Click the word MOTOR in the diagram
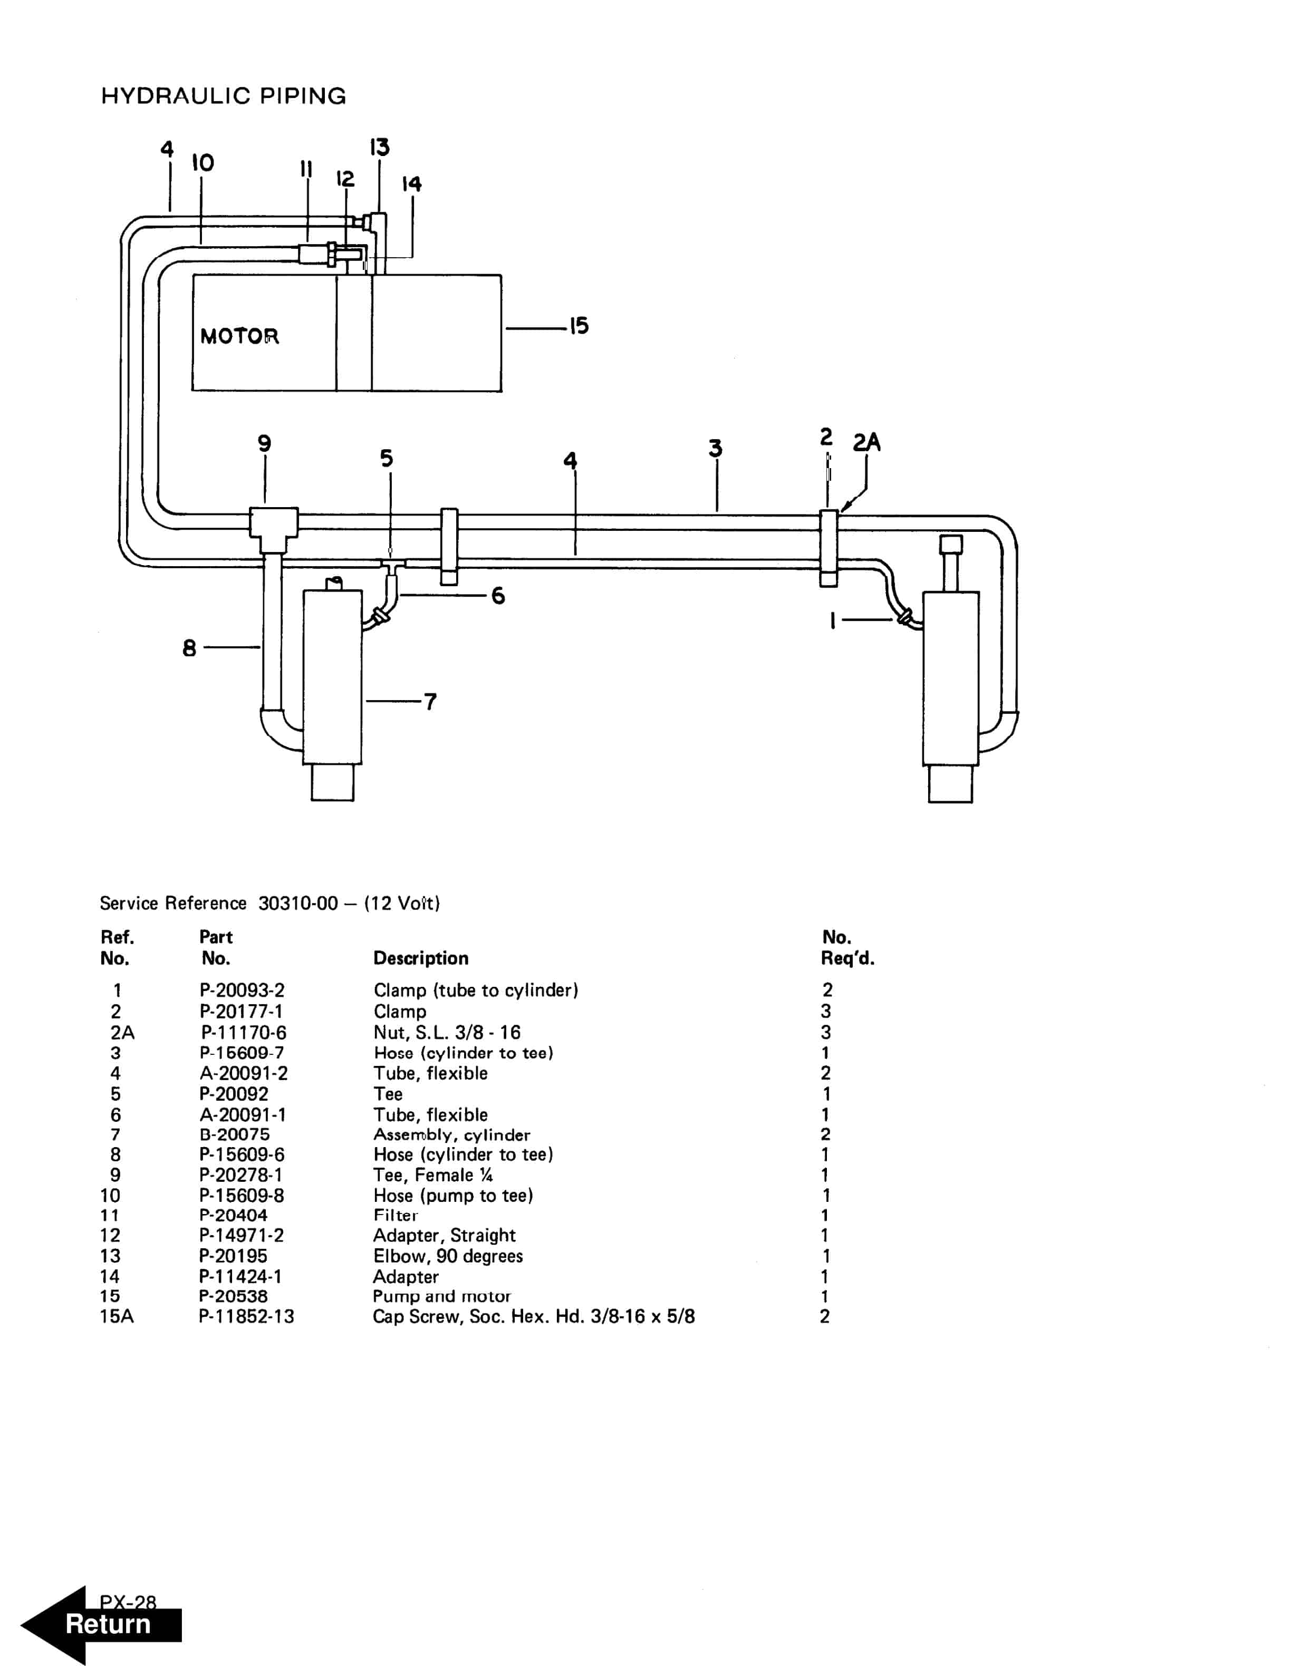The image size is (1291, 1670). (239, 336)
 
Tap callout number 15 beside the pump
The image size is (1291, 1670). (579, 326)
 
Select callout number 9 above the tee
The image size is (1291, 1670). (264, 443)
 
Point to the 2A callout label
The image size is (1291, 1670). (866, 442)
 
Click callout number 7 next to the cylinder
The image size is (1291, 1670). (430, 701)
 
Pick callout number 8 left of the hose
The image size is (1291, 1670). (189, 648)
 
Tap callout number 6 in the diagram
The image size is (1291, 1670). (498, 595)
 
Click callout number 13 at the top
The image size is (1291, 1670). (379, 147)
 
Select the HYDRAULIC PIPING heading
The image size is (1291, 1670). (223, 96)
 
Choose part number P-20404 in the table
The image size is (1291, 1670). (233, 1215)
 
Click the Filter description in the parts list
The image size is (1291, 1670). (396, 1215)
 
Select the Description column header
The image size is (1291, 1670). (421, 958)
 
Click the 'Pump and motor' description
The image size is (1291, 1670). (441, 1296)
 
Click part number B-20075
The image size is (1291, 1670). (234, 1135)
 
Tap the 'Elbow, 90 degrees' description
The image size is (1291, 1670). (447, 1256)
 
